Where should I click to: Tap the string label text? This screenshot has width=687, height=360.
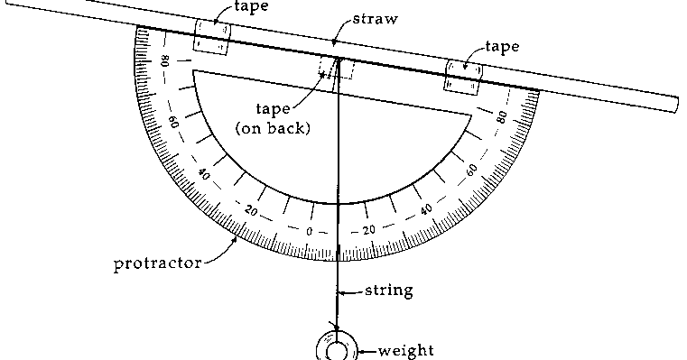[389, 291]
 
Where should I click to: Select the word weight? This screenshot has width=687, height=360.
[405, 349]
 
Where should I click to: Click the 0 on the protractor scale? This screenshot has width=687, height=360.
[309, 231]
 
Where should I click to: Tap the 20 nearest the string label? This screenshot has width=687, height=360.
[368, 230]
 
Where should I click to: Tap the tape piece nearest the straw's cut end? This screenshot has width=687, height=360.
[464, 74]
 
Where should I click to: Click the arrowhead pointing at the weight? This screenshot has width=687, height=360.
[360, 349]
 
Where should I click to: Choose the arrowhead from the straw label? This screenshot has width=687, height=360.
[333, 43]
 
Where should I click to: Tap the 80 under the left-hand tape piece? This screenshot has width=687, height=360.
[165, 63]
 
